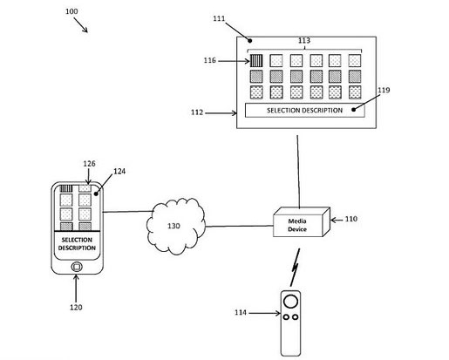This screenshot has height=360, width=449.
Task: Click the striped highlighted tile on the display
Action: [x=257, y=61]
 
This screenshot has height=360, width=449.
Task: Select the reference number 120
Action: [x=76, y=308]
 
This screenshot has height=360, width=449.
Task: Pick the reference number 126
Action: [x=88, y=162]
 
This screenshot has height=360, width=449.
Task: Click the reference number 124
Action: [x=119, y=172]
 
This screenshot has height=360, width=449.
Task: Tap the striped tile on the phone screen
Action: [x=65, y=188]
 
